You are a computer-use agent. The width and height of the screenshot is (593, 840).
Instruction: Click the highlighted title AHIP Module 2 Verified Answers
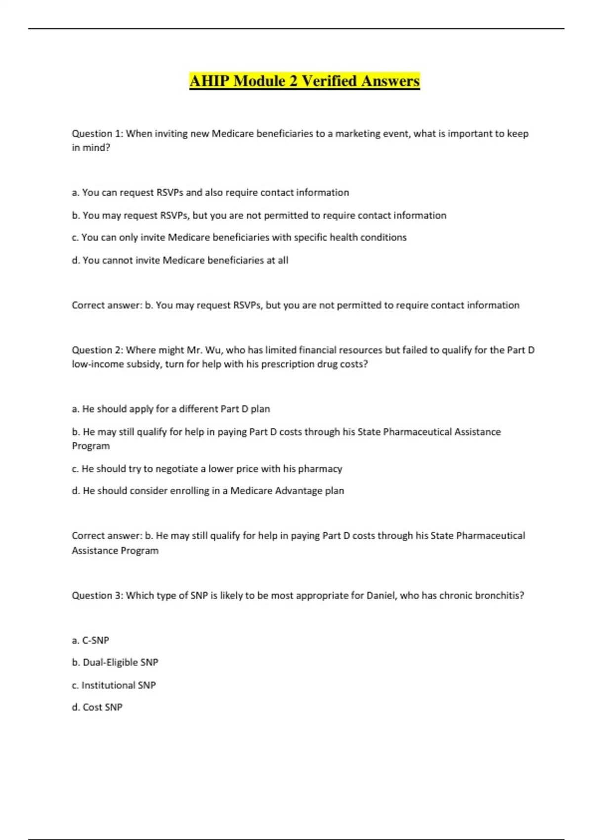[304, 81]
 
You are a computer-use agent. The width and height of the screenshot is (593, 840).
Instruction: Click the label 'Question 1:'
[97, 133]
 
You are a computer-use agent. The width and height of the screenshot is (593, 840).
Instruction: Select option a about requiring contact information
[211, 192]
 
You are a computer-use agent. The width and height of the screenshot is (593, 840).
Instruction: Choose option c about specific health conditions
[239, 237]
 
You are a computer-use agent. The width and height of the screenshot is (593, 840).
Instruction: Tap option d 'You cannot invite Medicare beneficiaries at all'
[180, 260]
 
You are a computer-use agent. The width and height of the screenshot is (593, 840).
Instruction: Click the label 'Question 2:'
[97, 350]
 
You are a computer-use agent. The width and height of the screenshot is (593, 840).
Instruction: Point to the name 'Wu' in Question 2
[214, 350]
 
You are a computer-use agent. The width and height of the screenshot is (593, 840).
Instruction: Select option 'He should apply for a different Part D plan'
[171, 409]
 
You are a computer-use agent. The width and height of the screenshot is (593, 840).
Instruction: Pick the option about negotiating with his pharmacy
[207, 468]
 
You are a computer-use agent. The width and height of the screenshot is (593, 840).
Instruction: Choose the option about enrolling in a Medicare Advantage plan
[208, 491]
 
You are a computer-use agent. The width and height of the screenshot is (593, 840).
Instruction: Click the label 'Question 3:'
[97, 595]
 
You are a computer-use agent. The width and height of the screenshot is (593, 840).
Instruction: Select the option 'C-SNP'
[90, 640]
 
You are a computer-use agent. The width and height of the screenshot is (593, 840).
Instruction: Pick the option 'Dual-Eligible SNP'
[115, 662]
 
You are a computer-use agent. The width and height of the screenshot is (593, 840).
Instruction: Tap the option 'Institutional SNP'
[114, 685]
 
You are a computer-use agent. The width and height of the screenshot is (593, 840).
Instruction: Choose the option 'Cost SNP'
[97, 707]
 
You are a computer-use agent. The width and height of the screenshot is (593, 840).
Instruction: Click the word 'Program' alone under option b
[91, 446]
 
